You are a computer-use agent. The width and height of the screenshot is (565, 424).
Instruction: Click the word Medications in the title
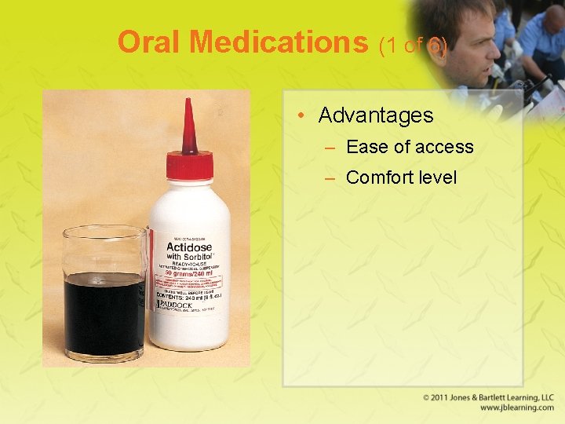pos(282,42)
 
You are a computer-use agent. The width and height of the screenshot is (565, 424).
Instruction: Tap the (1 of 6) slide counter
pos(413,46)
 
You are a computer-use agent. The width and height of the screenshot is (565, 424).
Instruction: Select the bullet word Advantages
pos(376,115)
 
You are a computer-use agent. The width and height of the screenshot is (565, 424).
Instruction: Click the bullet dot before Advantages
pos(302,116)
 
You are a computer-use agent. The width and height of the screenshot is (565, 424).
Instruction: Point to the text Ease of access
pos(410,147)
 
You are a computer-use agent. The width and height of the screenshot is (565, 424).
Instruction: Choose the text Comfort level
pos(401,177)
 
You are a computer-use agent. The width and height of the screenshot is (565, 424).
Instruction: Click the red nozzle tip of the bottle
pos(188,126)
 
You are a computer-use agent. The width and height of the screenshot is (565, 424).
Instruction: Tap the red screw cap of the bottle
pos(189,165)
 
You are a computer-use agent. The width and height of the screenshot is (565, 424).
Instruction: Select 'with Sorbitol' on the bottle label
pos(189,258)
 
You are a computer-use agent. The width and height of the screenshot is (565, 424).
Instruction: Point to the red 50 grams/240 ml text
pos(188,273)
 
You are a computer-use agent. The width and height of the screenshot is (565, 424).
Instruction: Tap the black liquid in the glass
pos(104,314)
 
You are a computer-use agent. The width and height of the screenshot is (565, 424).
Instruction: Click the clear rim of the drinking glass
pos(104,231)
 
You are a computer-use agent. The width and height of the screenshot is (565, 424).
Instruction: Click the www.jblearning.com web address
pos(516,408)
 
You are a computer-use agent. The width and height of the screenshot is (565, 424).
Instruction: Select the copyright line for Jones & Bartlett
pos(488,398)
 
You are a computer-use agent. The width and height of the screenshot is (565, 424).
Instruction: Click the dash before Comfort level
pos(330,178)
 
